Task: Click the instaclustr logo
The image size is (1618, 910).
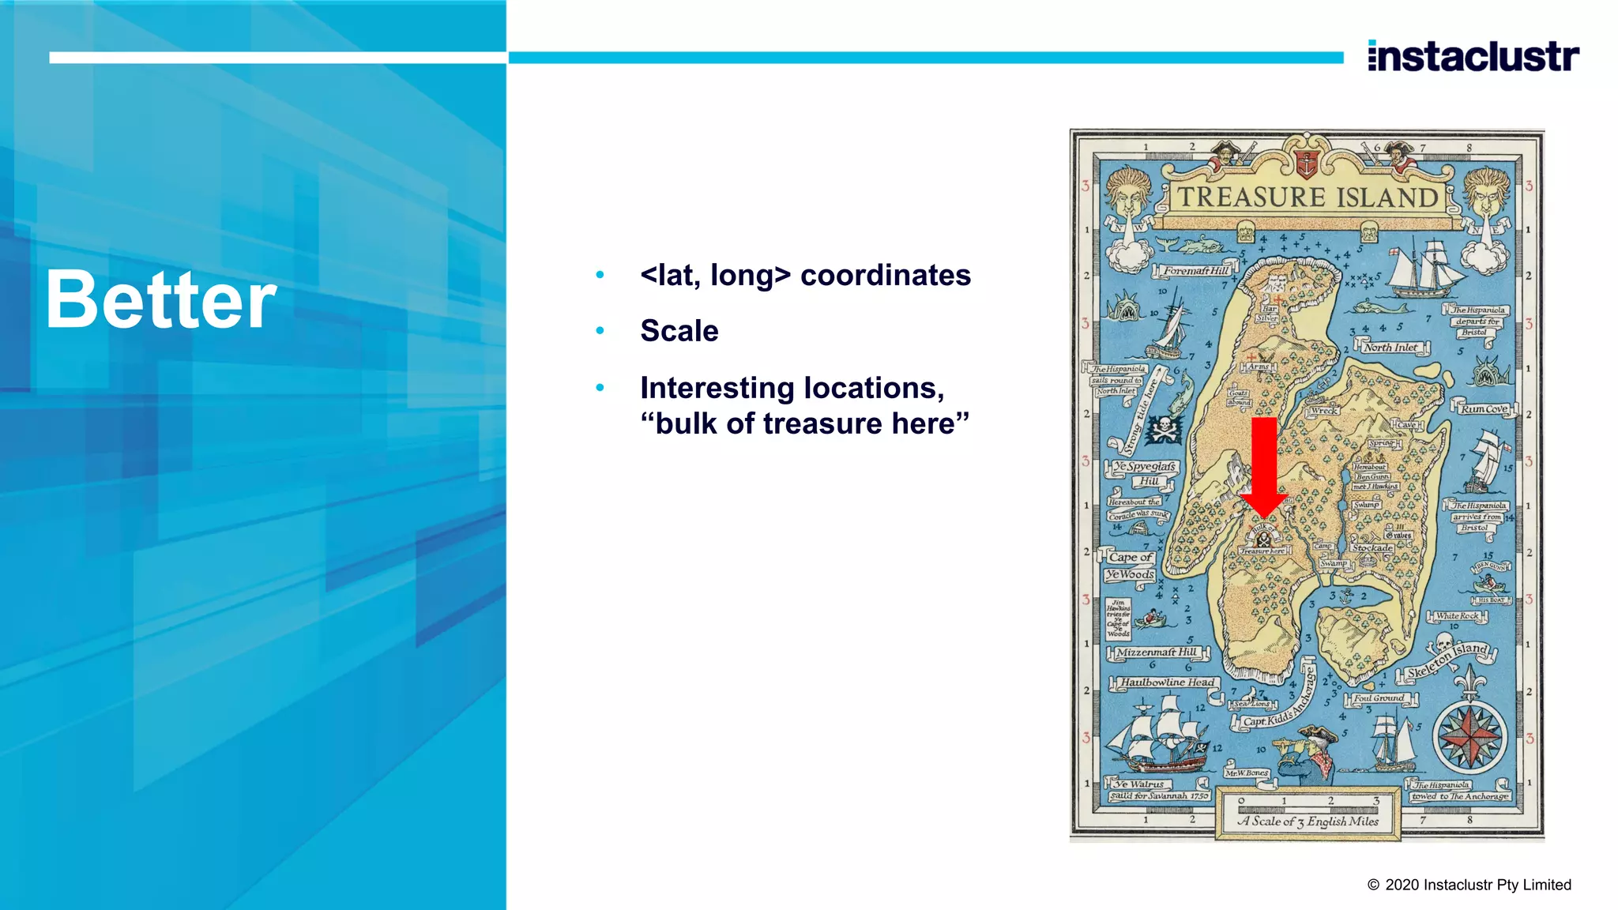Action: pyautogui.click(x=1473, y=57)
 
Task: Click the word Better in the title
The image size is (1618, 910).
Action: pyautogui.click(x=161, y=300)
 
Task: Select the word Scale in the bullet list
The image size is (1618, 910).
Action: pyautogui.click(x=679, y=331)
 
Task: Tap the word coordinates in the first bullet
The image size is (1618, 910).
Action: pyautogui.click(x=885, y=276)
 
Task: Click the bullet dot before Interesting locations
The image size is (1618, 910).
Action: pyautogui.click(x=600, y=388)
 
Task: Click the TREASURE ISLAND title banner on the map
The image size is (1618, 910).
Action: pyautogui.click(x=1308, y=197)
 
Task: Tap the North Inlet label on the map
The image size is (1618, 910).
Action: pyautogui.click(x=1391, y=348)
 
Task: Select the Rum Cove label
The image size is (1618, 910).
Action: pyautogui.click(x=1484, y=409)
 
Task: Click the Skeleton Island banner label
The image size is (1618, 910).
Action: pyautogui.click(x=1447, y=660)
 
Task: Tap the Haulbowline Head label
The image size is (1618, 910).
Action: pyautogui.click(x=1167, y=682)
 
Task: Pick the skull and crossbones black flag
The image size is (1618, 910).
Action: pyautogui.click(x=1164, y=429)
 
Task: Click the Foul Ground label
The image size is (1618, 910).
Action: pyautogui.click(x=1379, y=698)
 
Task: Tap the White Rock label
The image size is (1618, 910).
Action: pyautogui.click(x=1457, y=616)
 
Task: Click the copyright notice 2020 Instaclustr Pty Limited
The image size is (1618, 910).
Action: pyautogui.click(x=1469, y=885)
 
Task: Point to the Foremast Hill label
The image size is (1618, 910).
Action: pyautogui.click(x=1196, y=271)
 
